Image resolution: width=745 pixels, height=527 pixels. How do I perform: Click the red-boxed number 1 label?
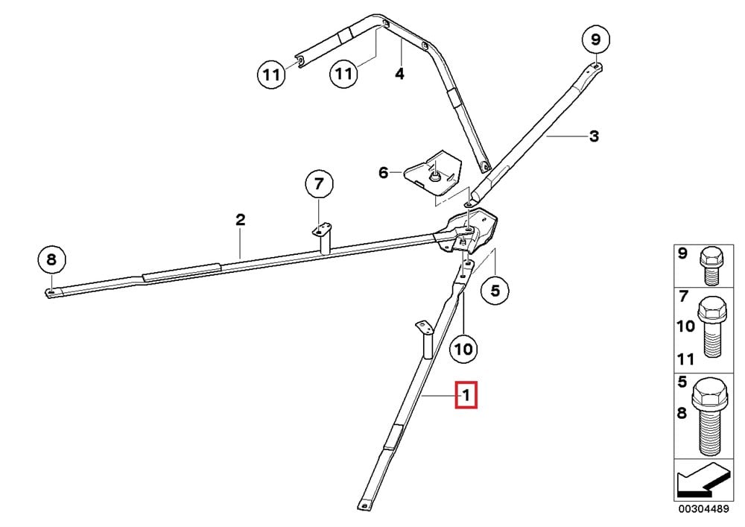(x=466, y=394)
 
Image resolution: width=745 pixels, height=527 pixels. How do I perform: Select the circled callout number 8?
(x=51, y=259)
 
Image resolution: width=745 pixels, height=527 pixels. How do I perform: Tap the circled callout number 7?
(x=319, y=183)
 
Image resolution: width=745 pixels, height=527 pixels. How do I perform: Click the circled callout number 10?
(x=463, y=350)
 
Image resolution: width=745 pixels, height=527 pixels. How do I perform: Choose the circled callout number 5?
(x=495, y=290)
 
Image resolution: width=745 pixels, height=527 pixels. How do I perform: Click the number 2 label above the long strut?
(x=241, y=220)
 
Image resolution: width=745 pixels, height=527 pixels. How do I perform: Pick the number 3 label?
(x=594, y=136)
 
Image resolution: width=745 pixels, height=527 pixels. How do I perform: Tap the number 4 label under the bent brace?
(x=400, y=74)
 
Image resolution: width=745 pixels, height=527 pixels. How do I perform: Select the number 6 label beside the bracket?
(x=384, y=172)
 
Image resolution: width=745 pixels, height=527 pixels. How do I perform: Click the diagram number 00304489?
(x=703, y=509)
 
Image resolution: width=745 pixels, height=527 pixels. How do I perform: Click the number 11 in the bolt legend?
(x=685, y=359)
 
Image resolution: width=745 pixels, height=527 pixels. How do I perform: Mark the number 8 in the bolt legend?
(x=682, y=414)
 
